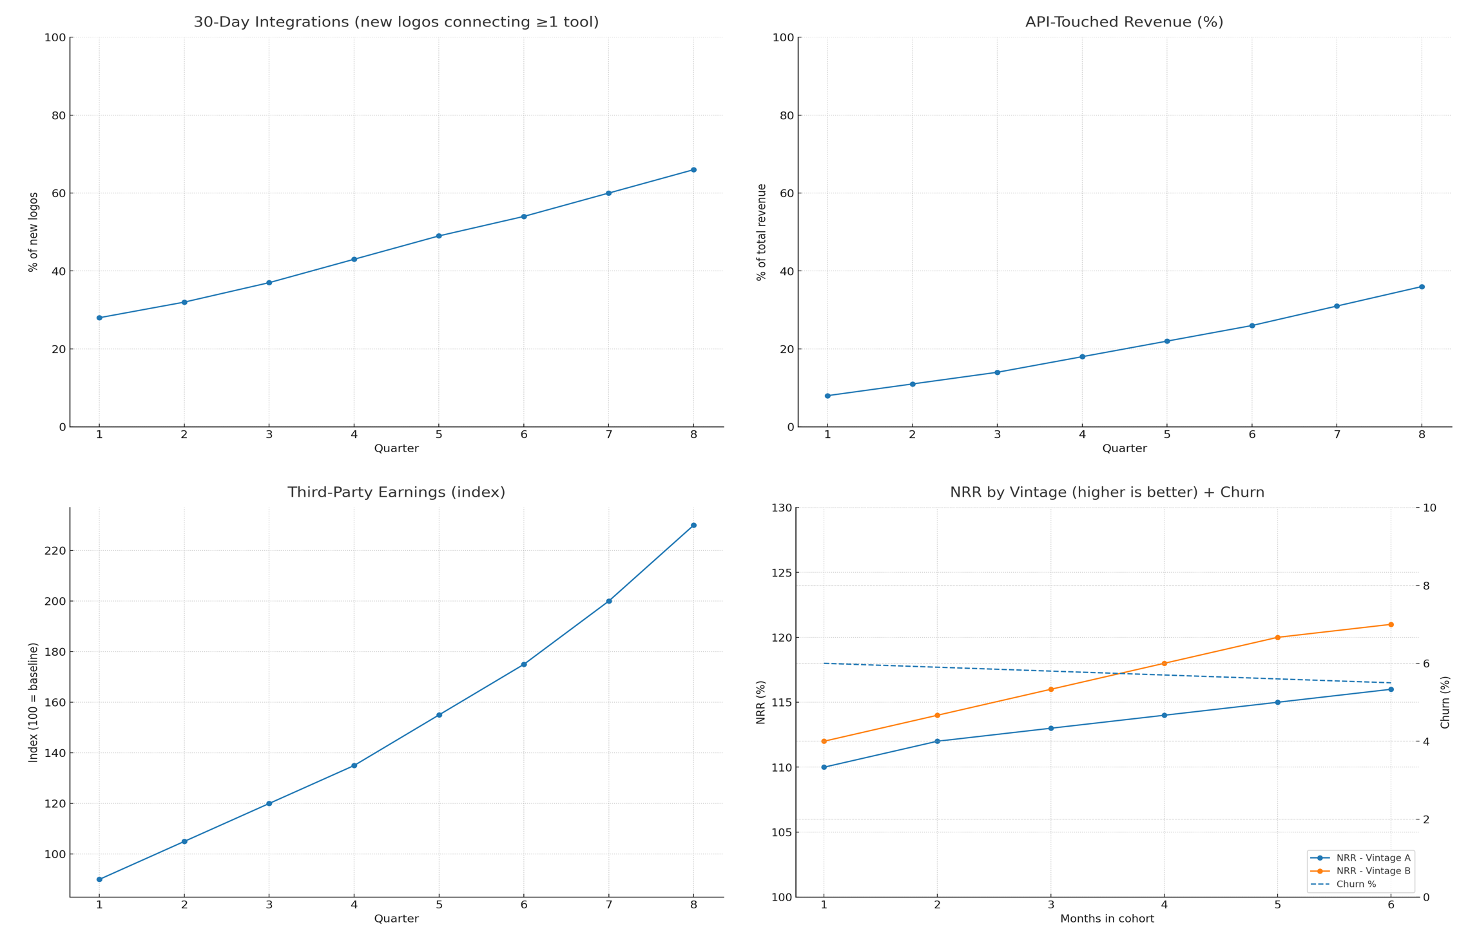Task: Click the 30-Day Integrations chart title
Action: (396, 23)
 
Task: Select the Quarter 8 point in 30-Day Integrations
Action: (693, 170)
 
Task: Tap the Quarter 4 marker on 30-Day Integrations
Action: (354, 260)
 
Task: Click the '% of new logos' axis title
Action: (34, 232)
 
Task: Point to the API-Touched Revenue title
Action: (1124, 23)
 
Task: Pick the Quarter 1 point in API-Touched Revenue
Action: (827, 396)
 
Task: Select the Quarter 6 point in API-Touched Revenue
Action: (1252, 326)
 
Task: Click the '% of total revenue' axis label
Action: (762, 232)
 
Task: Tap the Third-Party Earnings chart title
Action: (396, 493)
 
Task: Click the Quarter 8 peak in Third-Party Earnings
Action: (693, 526)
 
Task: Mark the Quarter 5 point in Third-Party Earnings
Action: (439, 715)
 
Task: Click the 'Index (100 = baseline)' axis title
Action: (34, 702)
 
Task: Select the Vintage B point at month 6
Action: (1391, 625)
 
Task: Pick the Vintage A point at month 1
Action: (824, 767)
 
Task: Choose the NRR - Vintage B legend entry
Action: (1360, 871)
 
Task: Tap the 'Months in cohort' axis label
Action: (1107, 919)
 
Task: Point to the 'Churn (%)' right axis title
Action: (1445, 702)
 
